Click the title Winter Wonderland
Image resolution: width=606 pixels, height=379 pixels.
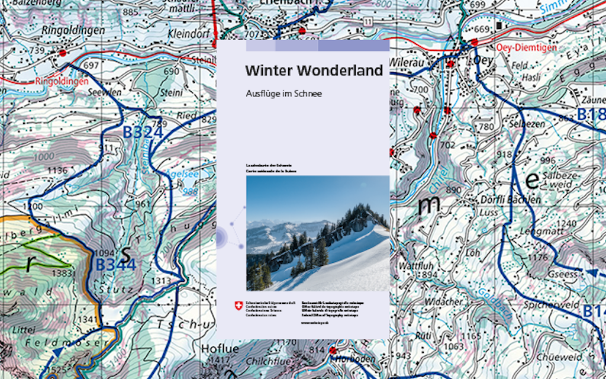(x=314, y=70)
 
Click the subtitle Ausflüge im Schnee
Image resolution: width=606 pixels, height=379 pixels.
(x=283, y=94)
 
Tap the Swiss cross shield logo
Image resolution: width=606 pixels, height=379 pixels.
(x=238, y=306)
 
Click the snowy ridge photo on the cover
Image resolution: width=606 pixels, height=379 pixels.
(x=318, y=233)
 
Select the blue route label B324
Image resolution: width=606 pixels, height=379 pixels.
(x=143, y=132)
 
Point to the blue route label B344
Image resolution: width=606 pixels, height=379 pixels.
(x=116, y=265)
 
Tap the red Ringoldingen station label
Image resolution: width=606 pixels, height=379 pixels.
(x=62, y=81)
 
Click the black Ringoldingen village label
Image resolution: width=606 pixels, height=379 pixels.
(x=73, y=30)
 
